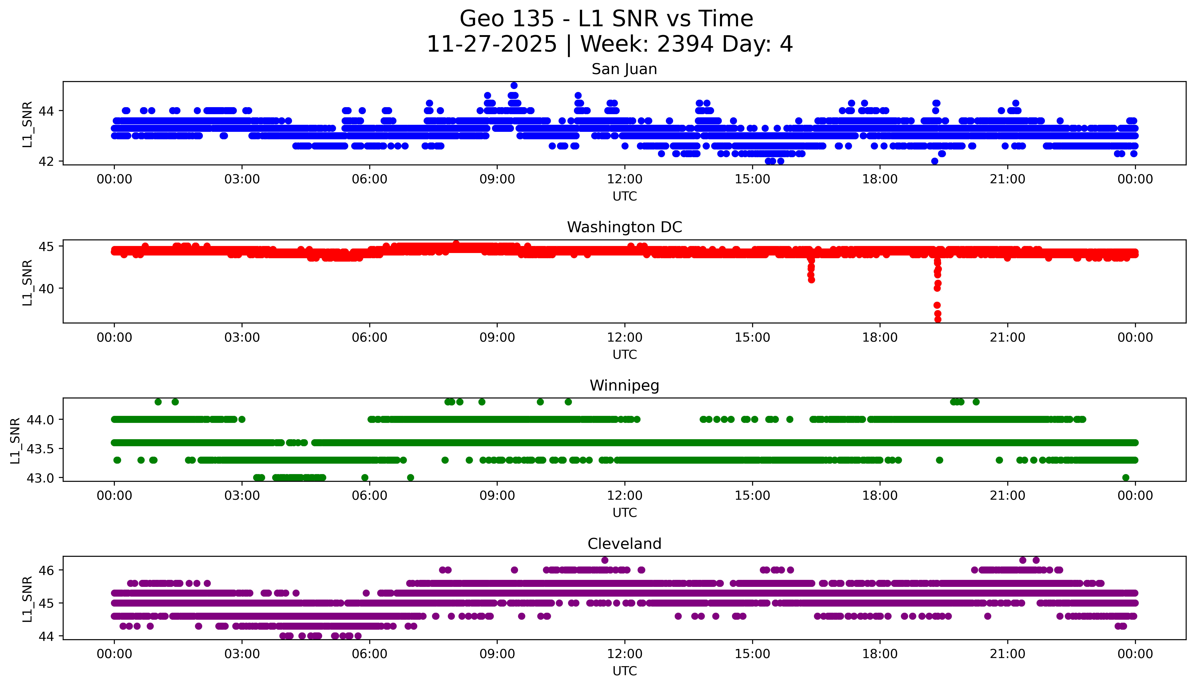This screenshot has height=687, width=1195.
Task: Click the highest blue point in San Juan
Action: (x=514, y=85)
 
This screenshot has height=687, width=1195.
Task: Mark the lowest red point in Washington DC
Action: (x=938, y=319)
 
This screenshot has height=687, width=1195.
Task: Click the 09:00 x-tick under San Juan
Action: (x=497, y=179)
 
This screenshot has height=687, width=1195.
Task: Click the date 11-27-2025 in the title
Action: (x=491, y=44)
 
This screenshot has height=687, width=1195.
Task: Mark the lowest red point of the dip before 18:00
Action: (x=811, y=280)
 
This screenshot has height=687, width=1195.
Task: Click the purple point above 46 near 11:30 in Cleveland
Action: (x=605, y=560)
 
